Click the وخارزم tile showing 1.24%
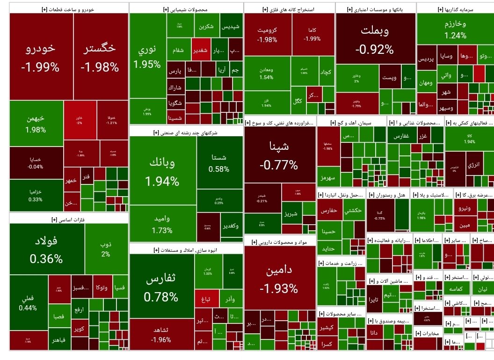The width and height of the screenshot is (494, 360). coord(455,29)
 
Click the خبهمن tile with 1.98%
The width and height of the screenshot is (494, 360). coord(36,123)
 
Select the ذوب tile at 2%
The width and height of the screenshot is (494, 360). coord(106,249)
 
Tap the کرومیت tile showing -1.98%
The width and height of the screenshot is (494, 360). coord(267,34)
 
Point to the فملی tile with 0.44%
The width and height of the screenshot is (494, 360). coord(28,302)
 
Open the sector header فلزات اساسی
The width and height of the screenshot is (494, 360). coord(68,219)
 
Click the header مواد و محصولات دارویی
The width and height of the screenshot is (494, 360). coord(280,242)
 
